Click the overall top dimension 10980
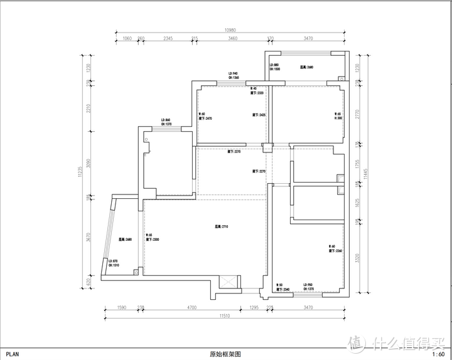coord(230,31)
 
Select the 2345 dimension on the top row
coord(168,39)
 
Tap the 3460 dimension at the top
coord(232,39)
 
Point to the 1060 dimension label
coord(127,39)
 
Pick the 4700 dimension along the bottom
coord(191,307)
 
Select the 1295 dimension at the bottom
coord(254,307)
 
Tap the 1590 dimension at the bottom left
coord(122,307)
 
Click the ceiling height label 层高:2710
coord(221,226)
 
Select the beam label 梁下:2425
coord(258,115)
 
